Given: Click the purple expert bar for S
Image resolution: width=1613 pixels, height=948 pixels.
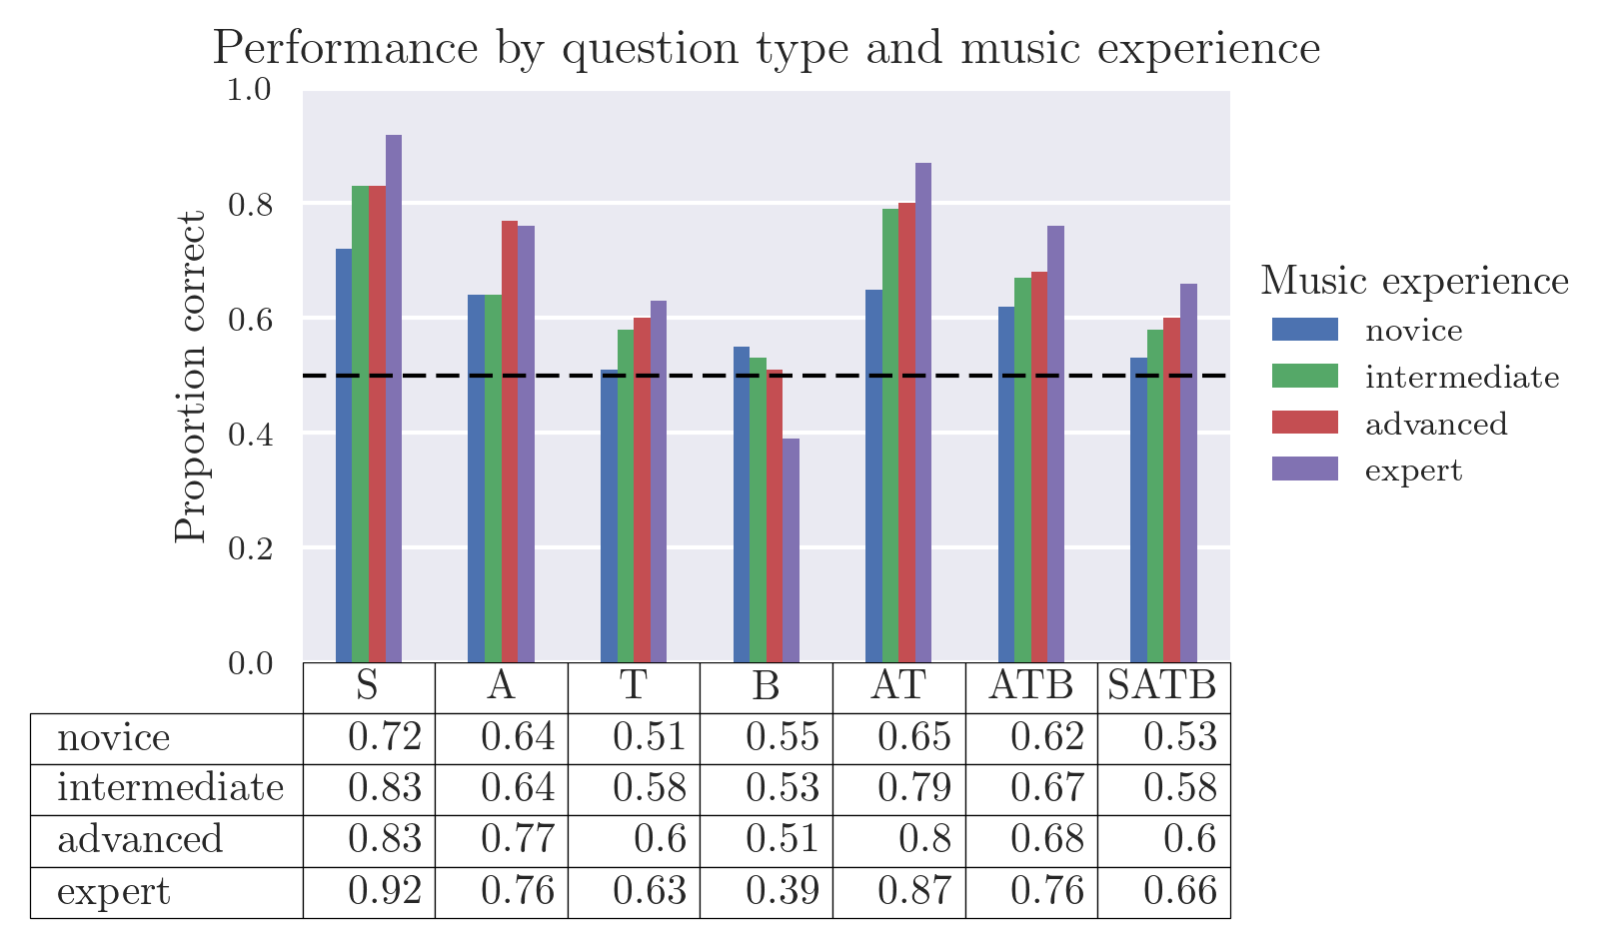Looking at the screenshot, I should [394, 400].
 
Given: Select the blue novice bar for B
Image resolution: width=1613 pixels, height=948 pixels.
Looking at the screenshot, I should [742, 504].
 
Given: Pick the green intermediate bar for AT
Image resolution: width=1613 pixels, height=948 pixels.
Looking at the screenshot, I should [890, 436].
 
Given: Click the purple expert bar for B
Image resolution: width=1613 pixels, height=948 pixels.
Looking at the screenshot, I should [791, 550].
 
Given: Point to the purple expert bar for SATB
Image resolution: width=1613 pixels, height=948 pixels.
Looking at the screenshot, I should [1188, 474].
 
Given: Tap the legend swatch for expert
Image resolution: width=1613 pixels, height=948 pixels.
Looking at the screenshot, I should [1304, 469].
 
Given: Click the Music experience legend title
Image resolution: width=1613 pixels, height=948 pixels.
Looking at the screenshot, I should [1414, 281].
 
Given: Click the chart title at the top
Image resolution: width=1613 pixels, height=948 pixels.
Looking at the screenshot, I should [767, 48].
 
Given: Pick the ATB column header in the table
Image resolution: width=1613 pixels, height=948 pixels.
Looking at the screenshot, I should [1031, 686].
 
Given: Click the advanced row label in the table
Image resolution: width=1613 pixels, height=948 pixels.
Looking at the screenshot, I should [140, 840].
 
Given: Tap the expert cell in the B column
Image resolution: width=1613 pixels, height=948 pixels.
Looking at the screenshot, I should [767, 891].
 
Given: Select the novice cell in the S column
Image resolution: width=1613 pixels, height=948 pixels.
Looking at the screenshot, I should [370, 738].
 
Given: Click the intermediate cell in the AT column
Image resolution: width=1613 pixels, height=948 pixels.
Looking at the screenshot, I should [899, 789].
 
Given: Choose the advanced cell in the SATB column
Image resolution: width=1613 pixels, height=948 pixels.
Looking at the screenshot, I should [1164, 840].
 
